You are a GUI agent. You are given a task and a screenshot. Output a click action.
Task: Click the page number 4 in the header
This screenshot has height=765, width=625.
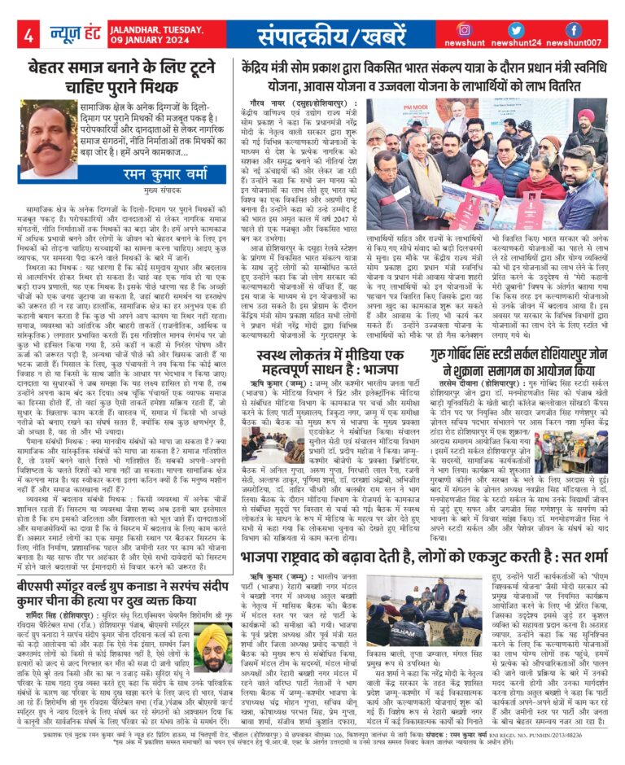coord(28,35)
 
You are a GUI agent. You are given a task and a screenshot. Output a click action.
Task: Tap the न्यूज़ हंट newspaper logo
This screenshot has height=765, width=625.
coord(77,34)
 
